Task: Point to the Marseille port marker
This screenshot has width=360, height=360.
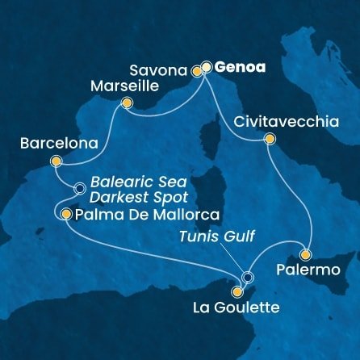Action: click(126, 103)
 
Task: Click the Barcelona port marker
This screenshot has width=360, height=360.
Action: click(56, 161)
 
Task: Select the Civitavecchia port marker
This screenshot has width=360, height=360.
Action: click(269, 139)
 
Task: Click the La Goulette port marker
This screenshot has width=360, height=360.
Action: click(237, 292)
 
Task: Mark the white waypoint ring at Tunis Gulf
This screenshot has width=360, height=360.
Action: click(247, 278)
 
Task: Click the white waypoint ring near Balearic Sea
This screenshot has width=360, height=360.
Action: click(79, 189)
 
